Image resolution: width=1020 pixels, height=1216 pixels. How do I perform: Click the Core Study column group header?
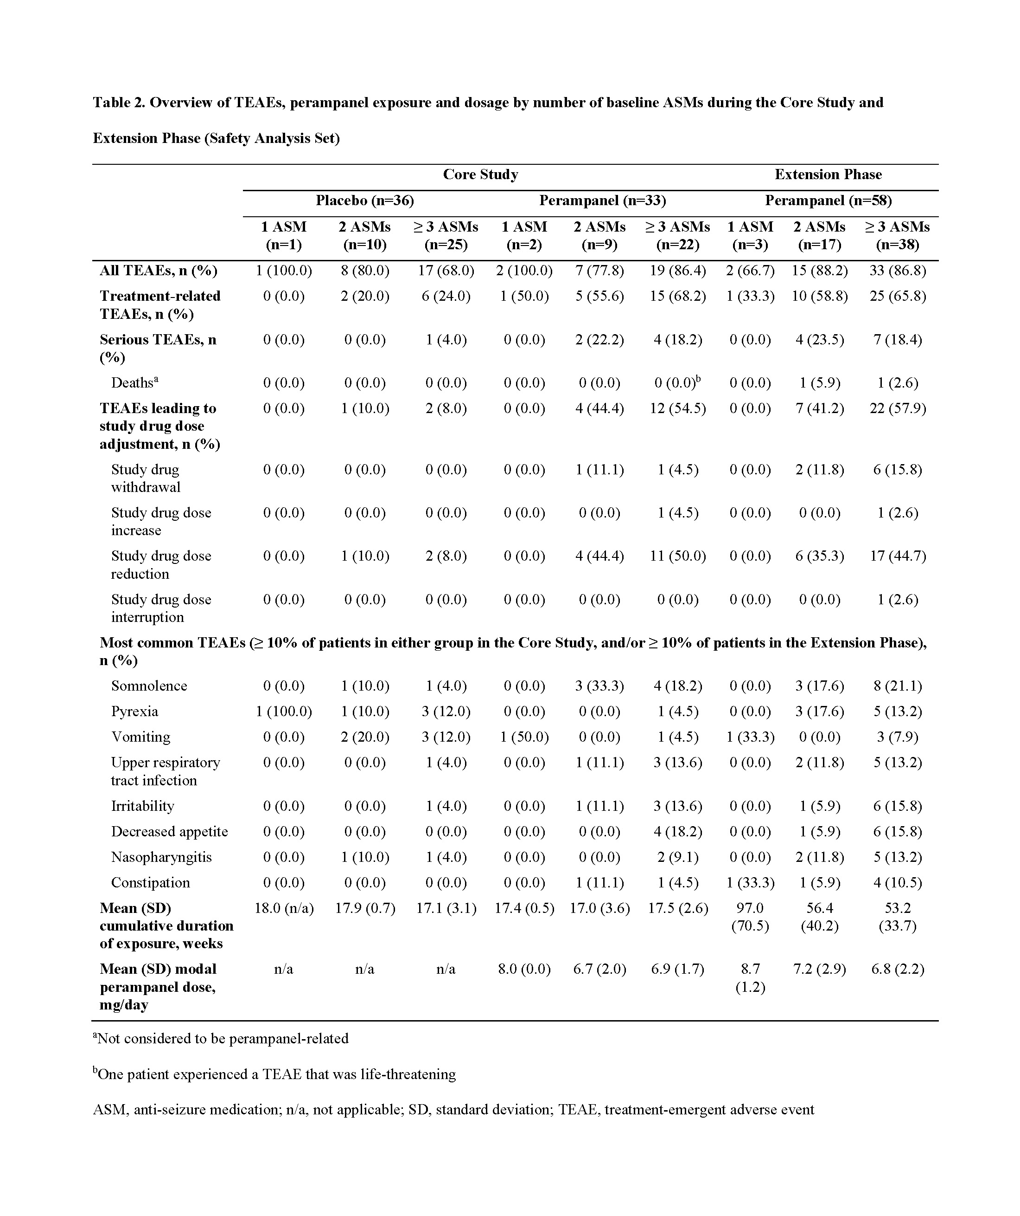point(480,175)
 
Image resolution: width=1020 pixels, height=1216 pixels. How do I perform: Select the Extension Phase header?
point(828,175)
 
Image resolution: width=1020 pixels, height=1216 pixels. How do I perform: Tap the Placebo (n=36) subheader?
point(364,201)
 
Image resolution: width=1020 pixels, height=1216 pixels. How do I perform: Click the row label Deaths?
point(134,383)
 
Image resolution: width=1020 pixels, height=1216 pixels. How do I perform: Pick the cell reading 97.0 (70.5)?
point(750,917)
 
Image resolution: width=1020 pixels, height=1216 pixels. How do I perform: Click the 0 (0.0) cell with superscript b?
point(677,383)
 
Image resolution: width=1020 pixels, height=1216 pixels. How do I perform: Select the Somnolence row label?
point(149,686)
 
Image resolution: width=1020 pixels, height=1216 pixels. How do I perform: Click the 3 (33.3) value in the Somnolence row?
point(599,686)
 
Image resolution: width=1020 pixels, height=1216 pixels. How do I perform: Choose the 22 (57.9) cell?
point(897,408)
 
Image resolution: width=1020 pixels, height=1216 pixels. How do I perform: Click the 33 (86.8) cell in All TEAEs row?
point(897,271)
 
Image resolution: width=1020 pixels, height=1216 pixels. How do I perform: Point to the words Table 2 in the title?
point(119,103)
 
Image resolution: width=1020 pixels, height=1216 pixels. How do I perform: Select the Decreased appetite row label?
point(170,832)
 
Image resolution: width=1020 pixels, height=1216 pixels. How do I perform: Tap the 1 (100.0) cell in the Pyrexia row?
point(283,711)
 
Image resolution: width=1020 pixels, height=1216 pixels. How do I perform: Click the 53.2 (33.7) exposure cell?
point(897,917)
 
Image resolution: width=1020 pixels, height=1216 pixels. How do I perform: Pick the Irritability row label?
point(142,806)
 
